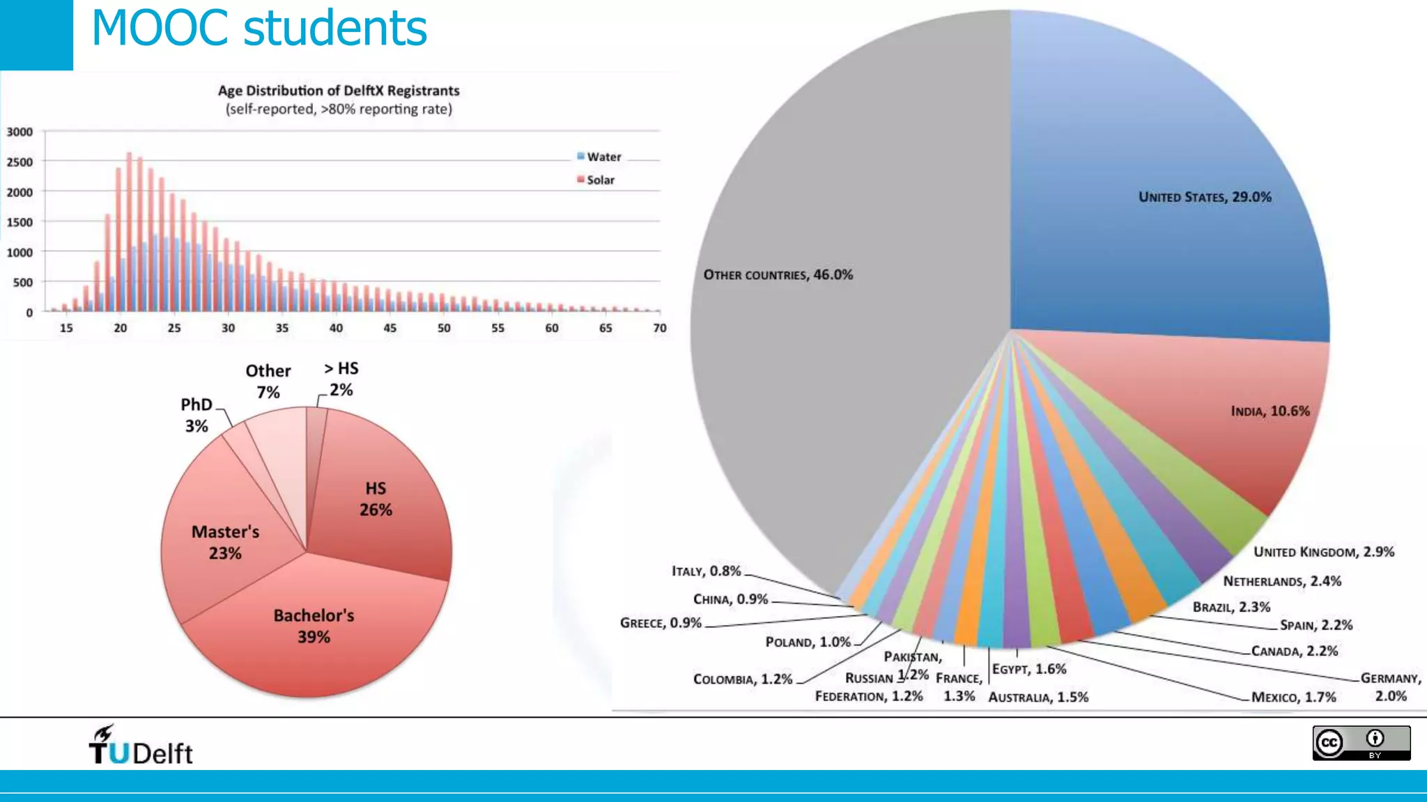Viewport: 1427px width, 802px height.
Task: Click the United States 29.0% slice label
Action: (x=1205, y=197)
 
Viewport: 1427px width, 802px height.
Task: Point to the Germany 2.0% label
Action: (x=1391, y=686)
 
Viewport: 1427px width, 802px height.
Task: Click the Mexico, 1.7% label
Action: (x=1293, y=697)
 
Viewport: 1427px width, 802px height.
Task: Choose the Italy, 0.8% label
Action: (x=706, y=571)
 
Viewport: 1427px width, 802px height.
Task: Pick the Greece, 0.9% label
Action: (x=661, y=622)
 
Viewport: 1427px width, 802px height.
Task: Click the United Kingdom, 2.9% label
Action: (x=1324, y=552)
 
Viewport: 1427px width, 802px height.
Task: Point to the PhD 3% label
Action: (x=196, y=415)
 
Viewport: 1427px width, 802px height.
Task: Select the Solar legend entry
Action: (x=596, y=180)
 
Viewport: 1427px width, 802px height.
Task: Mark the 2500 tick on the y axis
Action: (x=20, y=162)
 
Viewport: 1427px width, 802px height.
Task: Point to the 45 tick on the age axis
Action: (x=389, y=328)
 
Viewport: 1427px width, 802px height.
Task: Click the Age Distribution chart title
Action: (x=339, y=91)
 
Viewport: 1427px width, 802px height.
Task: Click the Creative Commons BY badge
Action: (x=1361, y=743)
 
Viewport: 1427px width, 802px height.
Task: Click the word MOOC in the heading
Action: (x=160, y=29)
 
